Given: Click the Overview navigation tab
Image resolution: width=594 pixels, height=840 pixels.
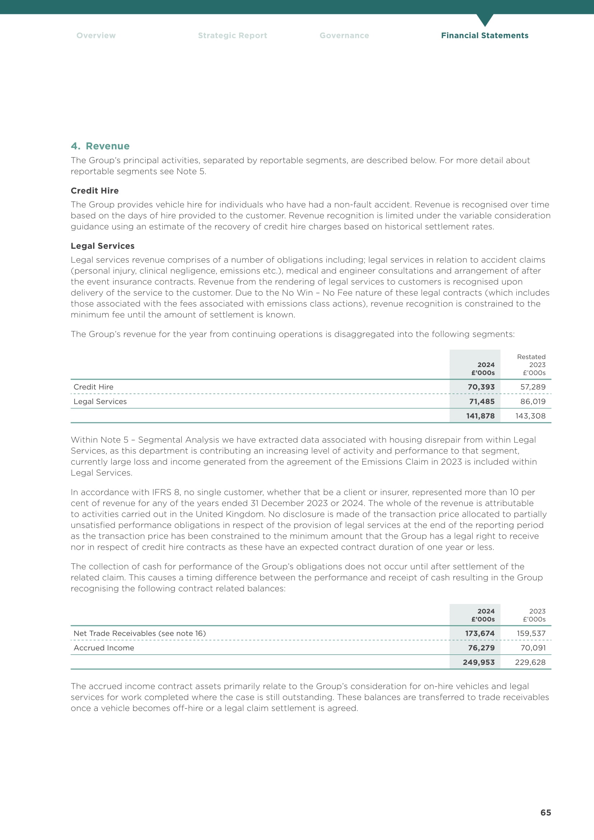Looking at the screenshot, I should click(96, 36).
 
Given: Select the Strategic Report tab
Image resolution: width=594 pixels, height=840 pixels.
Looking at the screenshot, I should click(232, 36).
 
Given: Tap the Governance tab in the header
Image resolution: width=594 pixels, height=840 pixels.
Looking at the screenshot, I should click(344, 36).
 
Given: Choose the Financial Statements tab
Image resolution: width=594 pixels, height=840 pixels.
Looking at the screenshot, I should click(484, 36).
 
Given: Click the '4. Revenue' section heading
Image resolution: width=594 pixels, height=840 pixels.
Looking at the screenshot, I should click(100, 146).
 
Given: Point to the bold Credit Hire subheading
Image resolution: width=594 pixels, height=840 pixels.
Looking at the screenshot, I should click(95, 191).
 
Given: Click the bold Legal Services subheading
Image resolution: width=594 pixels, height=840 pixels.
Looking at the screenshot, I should click(102, 246).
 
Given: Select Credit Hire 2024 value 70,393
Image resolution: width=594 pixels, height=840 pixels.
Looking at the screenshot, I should click(481, 387).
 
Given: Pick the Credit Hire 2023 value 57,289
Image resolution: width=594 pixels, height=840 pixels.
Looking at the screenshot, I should click(533, 387).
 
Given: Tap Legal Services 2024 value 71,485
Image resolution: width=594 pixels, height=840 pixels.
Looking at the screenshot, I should click(482, 402).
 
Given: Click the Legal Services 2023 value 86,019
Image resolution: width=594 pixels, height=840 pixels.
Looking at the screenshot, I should click(533, 402).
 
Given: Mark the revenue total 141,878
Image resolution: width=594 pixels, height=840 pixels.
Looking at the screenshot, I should click(480, 416).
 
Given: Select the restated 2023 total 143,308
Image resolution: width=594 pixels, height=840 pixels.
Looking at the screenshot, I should click(530, 416).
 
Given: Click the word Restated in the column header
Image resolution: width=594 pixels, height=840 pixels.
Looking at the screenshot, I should click(531, 357).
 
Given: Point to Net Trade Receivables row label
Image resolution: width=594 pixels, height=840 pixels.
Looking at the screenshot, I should click(139, 633).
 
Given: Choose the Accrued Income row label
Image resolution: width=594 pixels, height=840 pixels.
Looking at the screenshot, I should click(104, 648).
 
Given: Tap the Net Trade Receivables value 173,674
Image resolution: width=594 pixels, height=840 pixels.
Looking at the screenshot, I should click(479, 633).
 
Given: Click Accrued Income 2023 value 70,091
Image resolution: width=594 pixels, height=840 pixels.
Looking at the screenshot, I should click(533, 648).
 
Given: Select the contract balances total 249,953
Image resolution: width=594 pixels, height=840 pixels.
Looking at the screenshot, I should click(478, 662).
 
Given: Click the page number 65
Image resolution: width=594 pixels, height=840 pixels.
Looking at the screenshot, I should click(546, 813).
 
